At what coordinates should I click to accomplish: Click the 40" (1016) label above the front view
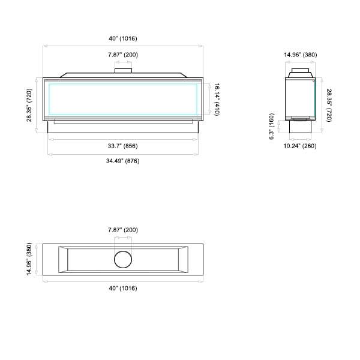123,38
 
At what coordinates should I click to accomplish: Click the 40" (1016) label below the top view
123,288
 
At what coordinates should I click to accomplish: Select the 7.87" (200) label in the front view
123,55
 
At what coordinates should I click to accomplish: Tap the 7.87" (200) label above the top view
123,230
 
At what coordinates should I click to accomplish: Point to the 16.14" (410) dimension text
217,100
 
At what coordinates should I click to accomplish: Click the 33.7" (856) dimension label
123,146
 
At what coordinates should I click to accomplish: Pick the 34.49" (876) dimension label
123,161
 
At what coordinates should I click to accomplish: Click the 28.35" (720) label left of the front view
29,105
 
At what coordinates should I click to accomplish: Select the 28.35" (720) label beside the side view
329,106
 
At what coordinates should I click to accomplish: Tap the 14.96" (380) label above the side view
301,55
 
